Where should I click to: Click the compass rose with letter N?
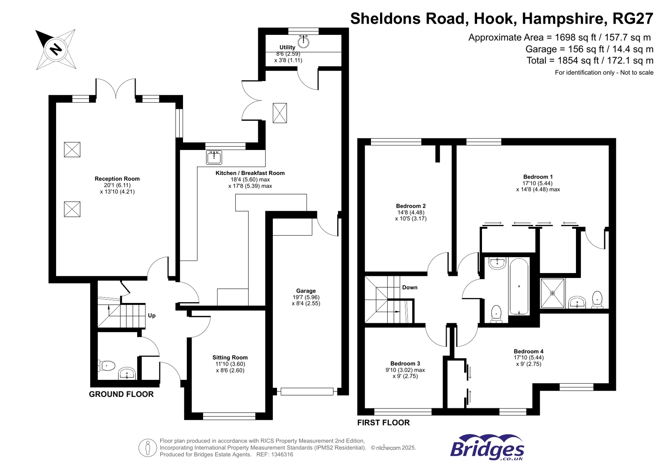pyautogui.click(x=56, y=49)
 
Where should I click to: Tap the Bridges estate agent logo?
pyautogui.click(x=487, y=448)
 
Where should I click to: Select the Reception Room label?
pyautogui.click(x=117, y=179)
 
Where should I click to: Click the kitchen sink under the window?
pyautogui.click(x=214, y=157)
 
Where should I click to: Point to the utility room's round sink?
pyautogui.click(x=304, y=41)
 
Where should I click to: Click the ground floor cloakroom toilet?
pyautogui.click(x=107, y=366)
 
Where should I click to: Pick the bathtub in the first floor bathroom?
pyautogui.click(x=519, y=287)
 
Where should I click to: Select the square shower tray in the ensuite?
pyautogui.click(x=552, y=293)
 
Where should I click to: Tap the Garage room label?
pyautogui.click(x=306, y=291)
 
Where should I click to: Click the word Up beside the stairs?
pyautogui.click(x=152, y=315)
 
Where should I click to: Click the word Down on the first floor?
pyautogui.click(x=410, y=287)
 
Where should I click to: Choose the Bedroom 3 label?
pyautogui.click(x=405, y=364)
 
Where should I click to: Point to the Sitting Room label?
pyautogui.click(x=230, y=357)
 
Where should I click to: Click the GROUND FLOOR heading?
pyautogui.click(x=121, y=394)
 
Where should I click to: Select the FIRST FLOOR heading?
pyautogui.click(x=383, y=423)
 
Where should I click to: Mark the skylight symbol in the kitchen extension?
pyautogui.click(x=279, y=113)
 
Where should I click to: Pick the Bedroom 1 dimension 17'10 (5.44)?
pyautogui.click(x=537, y=183)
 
